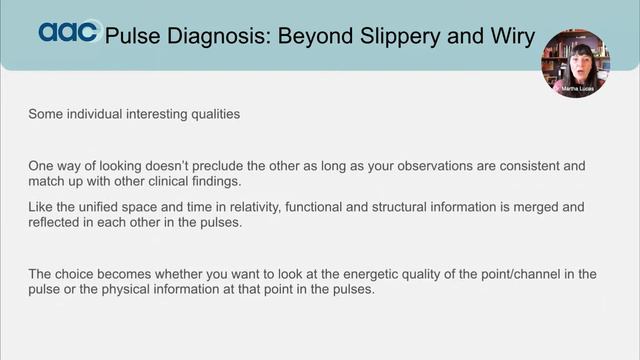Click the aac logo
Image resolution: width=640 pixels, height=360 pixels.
[68, 32]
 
